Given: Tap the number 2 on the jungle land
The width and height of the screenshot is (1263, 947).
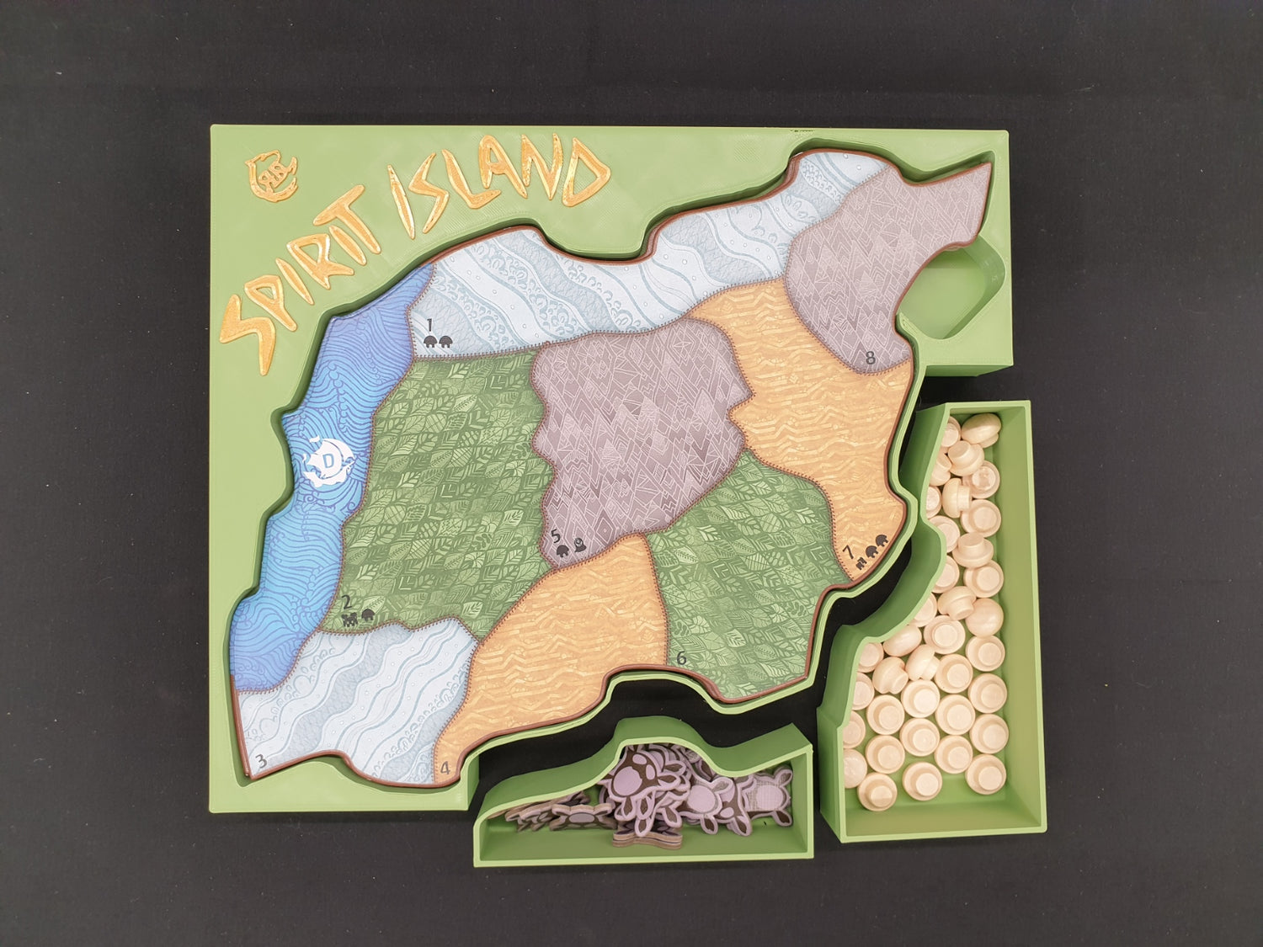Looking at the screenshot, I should (x=346, y=604).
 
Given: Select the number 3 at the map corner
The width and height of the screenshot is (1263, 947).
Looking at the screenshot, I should (x=262, y=762).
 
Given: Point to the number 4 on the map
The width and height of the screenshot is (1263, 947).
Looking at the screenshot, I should (x=445, y=767).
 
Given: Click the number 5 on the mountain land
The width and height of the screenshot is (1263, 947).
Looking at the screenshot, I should (x=554, y=535).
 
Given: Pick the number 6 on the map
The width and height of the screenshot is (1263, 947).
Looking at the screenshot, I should (x=681, y=658).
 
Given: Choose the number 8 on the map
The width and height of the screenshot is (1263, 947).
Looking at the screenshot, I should (x=871, y=359).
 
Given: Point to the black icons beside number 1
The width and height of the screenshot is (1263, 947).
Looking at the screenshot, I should (x=438, y=341).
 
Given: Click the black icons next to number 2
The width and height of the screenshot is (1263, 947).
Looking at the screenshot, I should (x=358, y=620).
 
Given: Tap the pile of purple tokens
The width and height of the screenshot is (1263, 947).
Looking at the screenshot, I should (x=665, y=796).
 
